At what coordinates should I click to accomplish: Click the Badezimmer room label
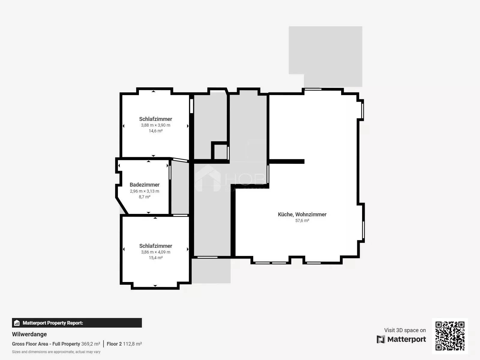(x=145, y=185)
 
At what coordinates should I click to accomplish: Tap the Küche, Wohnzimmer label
(x=302, y=214)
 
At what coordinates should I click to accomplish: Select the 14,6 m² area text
(x=155, y=131)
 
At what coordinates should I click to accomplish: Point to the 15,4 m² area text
(x=155, y=258)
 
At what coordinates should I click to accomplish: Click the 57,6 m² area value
(x=302, y=220)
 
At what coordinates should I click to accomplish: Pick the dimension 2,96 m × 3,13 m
(x=145, y=191)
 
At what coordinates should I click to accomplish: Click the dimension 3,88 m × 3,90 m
(x=155, y=125)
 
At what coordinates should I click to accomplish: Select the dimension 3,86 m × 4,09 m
(x=155, y=252)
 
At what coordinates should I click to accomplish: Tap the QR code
(x=450, y=336)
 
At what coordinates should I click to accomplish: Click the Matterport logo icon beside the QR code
(x=381, y=339)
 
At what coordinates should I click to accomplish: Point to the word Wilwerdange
(x=29, y=334)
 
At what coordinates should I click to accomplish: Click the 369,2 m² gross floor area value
(x=91, y=344)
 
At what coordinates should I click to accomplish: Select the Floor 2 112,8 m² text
(x=124, y=344)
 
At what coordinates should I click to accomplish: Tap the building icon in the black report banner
(x=16, y=323)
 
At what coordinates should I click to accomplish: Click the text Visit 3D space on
(x=405, y=330)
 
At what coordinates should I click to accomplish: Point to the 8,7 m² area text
(x=145, y=197)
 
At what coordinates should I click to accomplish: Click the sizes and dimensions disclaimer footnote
(x=56, y=352)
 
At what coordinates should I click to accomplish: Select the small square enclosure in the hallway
(x=220, y=151)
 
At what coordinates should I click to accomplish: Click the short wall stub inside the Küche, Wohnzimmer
(x=286, y=161)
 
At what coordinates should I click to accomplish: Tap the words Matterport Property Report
(x=53, y=323)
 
